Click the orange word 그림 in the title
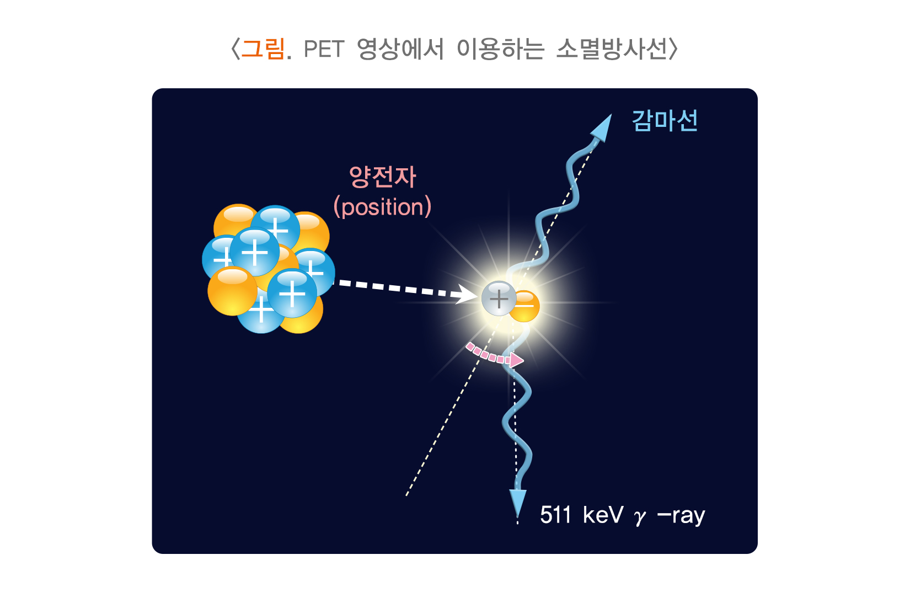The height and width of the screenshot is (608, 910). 263,49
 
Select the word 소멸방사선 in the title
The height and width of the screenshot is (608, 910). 611,49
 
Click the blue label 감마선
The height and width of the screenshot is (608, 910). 665,121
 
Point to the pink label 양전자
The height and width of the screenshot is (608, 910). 382,177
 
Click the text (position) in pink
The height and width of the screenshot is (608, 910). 382,207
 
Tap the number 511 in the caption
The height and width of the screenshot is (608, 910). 555,515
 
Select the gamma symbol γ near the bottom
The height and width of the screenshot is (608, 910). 640,517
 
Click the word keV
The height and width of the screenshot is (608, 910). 603,515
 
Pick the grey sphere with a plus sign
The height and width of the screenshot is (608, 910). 499,298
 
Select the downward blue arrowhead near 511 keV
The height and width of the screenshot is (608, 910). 517,502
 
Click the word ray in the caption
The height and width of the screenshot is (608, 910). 688,516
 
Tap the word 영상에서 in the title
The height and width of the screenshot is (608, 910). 400,49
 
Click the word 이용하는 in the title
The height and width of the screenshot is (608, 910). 500,49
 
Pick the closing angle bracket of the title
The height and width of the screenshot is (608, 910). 673,49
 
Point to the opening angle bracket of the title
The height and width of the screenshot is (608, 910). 235,49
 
